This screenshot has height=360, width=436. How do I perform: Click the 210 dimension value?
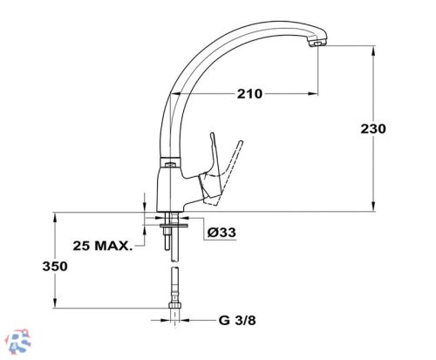coord(249,94)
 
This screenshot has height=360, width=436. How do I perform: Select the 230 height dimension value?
coord(373,129)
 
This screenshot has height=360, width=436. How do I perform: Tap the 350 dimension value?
coord(55,266)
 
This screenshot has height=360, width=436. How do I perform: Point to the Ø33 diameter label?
coord(221,232)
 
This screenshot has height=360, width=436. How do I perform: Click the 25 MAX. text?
coord(102,246)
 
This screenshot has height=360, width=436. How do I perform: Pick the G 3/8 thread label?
coord(237,321)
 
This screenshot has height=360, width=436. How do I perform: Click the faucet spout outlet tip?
coord(317,44)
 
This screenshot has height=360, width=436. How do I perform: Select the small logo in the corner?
coord(19,342)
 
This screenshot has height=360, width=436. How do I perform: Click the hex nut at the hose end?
coord(175,305)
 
